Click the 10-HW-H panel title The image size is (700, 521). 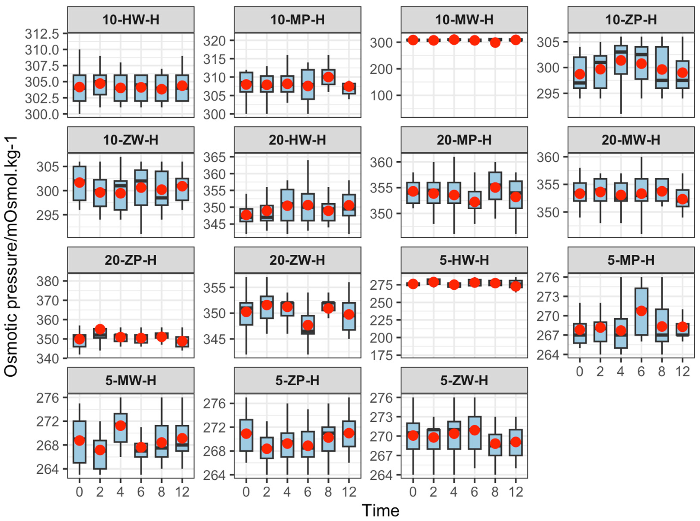(x=131, y=20)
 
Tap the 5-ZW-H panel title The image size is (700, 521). (x=464, y=380)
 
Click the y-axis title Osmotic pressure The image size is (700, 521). (x=11, y=257)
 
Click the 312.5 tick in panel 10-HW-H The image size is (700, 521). (x=42, y=33)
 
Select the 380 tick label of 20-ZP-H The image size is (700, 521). (x=48, y=281)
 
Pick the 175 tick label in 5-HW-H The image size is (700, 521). (x=381, y=356)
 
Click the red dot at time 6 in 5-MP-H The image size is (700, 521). (x=641, y=311)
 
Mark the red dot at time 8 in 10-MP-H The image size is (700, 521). (x=329, y=77)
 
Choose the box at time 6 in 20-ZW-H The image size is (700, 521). (x=308, y=325)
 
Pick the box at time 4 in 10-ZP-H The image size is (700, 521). (x=621, y=60)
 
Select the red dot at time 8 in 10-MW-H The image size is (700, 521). (x=495, y=42)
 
